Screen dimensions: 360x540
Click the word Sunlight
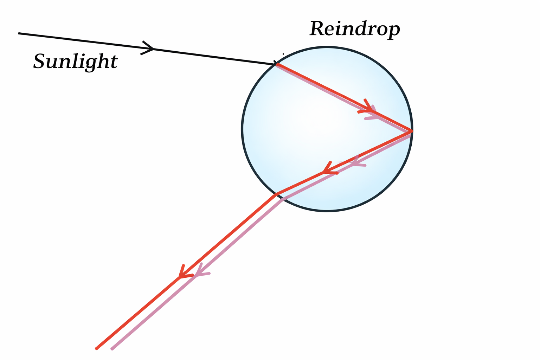[x=75, y=61]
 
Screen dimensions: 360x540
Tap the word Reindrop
[x=354, y=29]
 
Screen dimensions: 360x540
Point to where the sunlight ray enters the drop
[x=277, y=64]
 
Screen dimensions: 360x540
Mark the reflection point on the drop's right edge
[x=411, y=131]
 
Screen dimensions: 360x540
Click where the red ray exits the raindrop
[x=277, y=194]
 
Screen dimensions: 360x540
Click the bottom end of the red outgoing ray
[x=96, y=348]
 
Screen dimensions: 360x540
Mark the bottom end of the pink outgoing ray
[x=112, y=349]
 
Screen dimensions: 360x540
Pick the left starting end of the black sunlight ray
[x=19, y=33]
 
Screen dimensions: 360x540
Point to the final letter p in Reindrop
[x=394, y=31]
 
